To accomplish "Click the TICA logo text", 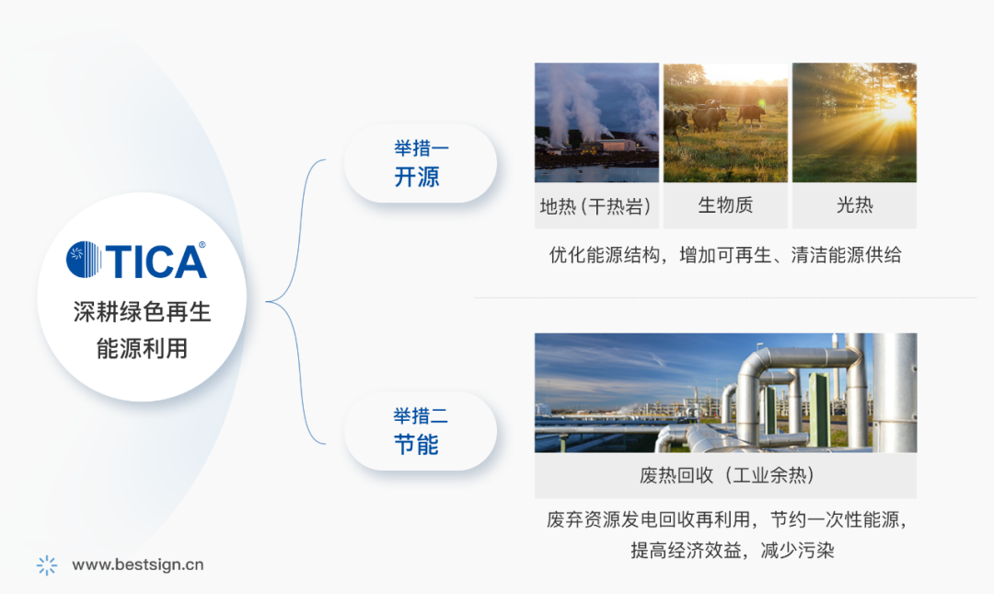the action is pos(156,261).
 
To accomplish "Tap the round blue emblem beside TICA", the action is pos(84,260).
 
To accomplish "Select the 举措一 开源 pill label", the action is pos(421,163).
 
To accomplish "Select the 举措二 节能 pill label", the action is pos(421,431).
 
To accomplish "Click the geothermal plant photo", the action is pos(596,122).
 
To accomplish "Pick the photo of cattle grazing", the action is pos(725,122).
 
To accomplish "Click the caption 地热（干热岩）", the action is pos(595,206).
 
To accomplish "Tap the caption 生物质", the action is pos(725,205).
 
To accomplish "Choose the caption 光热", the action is pos(854,205).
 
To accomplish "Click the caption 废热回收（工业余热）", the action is pos(726,475).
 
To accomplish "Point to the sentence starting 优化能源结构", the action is pos(725,255).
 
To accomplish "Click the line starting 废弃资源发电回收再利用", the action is pos(726,519).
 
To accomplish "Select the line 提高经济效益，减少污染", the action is pos(733,550).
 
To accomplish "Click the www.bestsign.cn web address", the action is pos(137,565).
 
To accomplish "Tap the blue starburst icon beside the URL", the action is pos(47,565).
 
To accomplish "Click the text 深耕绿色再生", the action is pos(142,312).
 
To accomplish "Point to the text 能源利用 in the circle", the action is pos(142,348).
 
